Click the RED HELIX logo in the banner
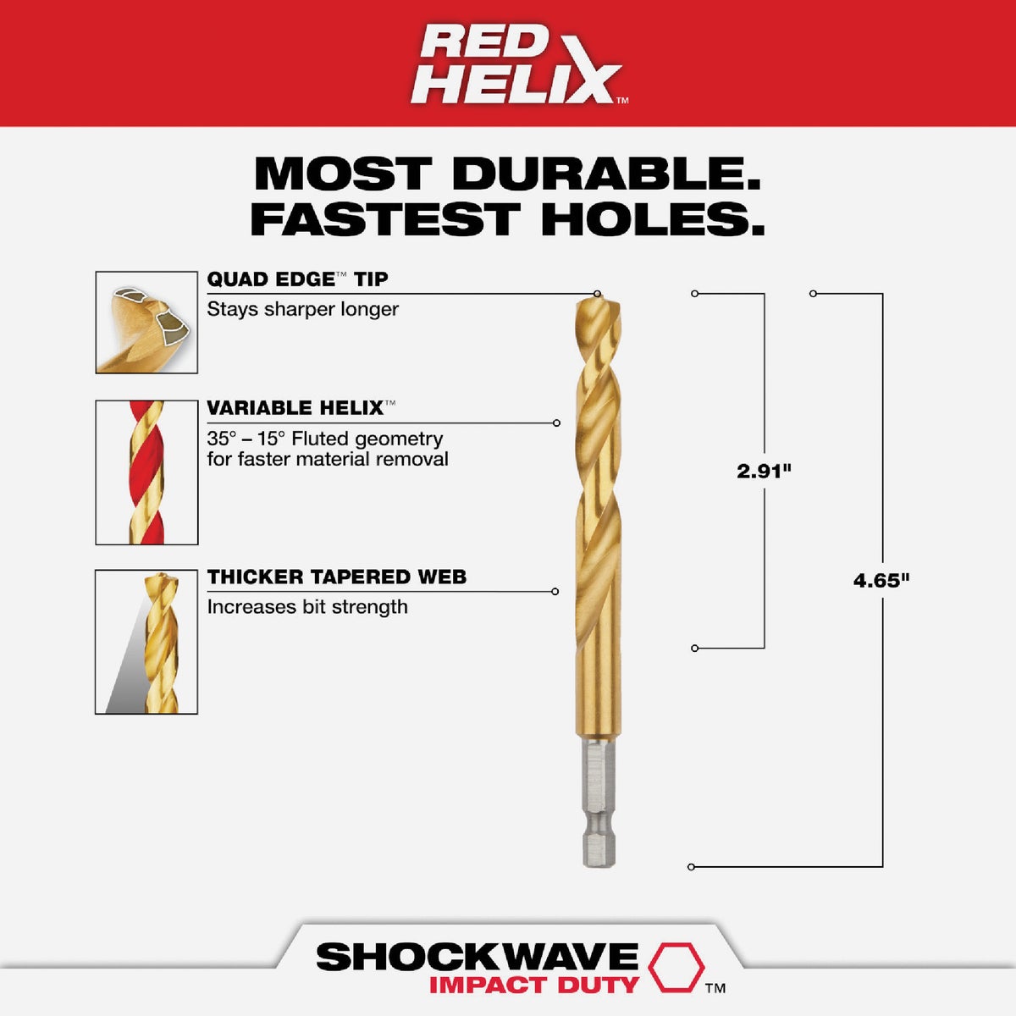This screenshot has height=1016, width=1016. click(x=518, y=65)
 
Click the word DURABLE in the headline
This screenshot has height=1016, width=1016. click(x=605, y=174)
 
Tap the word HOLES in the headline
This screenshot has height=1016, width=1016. click(x=653, y=219)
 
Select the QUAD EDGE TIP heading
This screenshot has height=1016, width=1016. click(x=297, y=279)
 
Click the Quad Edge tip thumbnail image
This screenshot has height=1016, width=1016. click(x=146, y=323)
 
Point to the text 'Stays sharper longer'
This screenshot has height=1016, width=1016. click(x=302, y=309)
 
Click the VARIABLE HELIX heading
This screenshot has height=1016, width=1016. click(x=295, y=408)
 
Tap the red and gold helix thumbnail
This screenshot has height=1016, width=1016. click(x=146, y=472)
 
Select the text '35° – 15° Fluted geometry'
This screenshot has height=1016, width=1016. click(x=324, y=439)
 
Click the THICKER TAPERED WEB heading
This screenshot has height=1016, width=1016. click(x=336, y=577)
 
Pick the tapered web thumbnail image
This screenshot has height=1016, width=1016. click(x=146, y=643)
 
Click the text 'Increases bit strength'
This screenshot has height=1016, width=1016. click(x=306, y=607)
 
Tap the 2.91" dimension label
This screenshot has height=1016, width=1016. click(x=763, y=472)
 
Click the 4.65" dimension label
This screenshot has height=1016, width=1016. click(x=881, y=581)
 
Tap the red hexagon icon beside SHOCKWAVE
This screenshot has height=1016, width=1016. click(x=676, y=967)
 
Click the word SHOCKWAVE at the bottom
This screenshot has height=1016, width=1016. click(x=477, y=957)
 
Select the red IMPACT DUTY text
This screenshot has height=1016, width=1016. click(x=533, y=986)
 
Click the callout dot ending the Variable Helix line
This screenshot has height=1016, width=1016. click(x=556, y=422)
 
